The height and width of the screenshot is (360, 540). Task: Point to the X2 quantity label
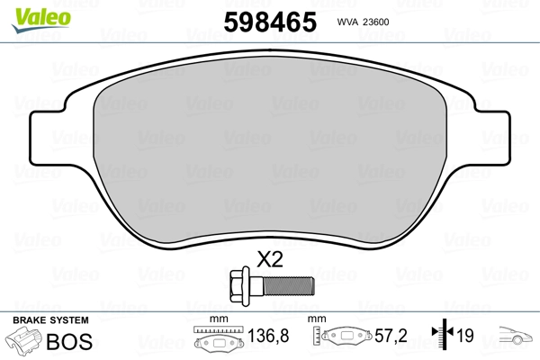(x=270, y=260)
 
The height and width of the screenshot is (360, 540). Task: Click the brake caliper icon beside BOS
(x=24, y=343)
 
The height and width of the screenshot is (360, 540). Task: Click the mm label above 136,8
(x=216, y=320)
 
